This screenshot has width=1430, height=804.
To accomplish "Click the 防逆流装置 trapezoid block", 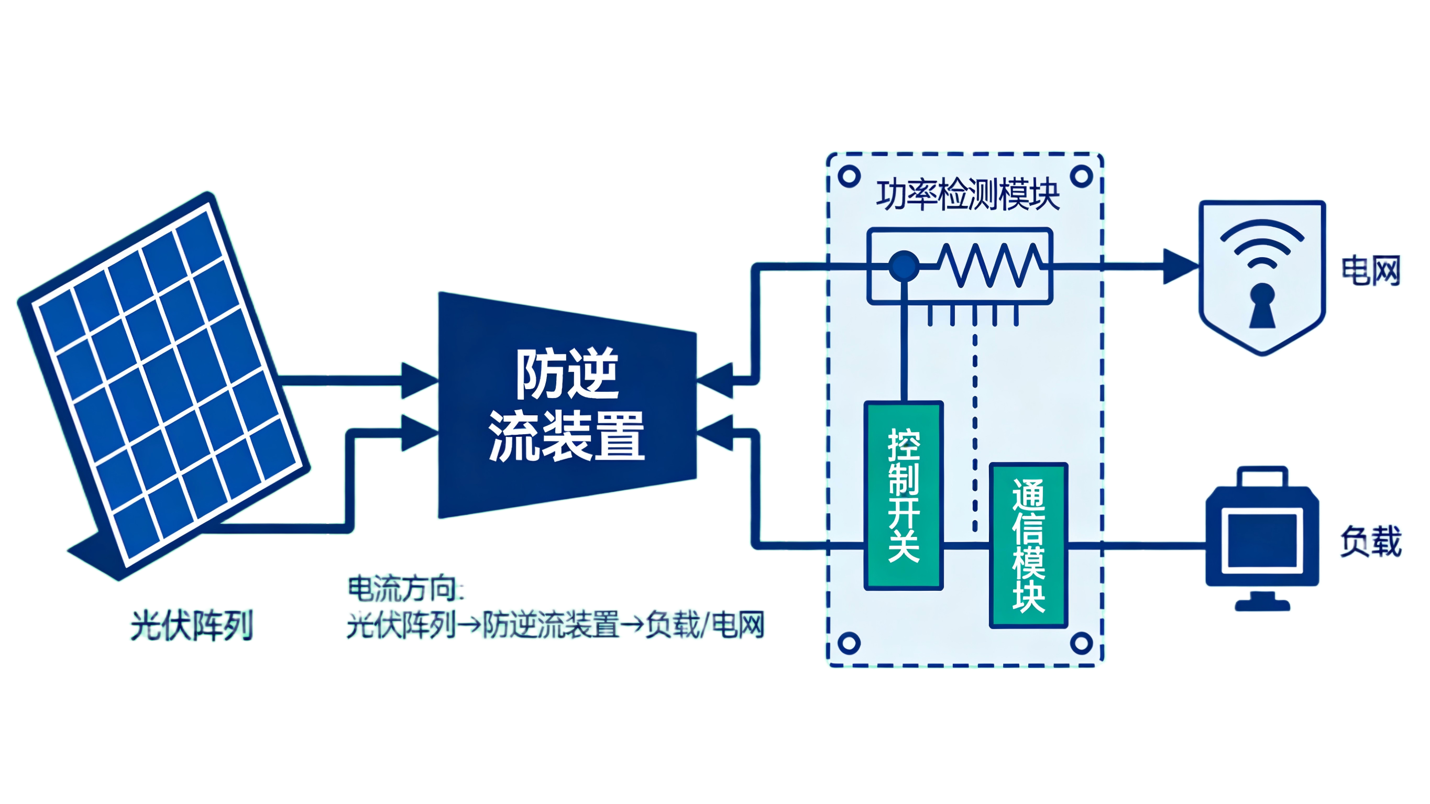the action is point(567,405).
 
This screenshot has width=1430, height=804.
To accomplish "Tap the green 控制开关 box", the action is point(904,495).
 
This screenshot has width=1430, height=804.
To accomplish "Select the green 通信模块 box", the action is point(1029,546).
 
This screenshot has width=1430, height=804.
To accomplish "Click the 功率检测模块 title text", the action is point(968,195).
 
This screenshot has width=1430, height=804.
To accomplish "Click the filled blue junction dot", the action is point(904,266).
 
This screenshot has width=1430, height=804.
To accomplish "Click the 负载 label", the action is point(1371,541).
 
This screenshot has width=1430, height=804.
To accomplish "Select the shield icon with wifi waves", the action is point(1262,277).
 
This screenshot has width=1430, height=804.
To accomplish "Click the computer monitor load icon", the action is point(1262,538).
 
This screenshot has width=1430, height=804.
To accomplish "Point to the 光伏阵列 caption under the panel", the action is point(192,625).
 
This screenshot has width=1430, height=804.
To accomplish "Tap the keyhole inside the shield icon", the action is point(1262,305).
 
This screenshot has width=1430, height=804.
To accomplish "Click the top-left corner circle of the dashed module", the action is point(849,177).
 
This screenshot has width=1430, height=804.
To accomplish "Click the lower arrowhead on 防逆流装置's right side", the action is point(715,433).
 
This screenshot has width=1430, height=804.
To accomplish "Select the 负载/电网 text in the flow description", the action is point(705,625).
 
